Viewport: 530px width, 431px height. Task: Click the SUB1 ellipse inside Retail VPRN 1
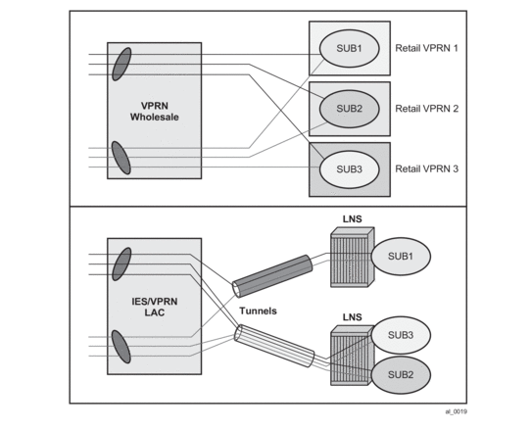(349, 48)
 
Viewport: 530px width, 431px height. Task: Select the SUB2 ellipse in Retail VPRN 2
(349, 109)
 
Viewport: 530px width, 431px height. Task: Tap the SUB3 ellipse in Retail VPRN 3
(349, 169)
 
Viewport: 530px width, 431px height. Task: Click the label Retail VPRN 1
(426, 48)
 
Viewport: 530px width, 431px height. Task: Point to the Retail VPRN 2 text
(426, 109)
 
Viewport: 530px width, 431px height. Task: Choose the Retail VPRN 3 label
(426, 168)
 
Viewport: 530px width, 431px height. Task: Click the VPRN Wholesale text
(155, 112)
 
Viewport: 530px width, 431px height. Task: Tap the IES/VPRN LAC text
(155, 307)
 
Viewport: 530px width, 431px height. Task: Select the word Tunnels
(258, 311)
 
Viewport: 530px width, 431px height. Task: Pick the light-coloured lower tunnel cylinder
(274, 346)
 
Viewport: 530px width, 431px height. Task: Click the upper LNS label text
(353, 219)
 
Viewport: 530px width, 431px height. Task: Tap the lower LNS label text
(353, 317)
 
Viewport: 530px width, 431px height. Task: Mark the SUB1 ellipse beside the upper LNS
(401, 257)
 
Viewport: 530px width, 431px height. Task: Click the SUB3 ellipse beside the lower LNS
(401, 335)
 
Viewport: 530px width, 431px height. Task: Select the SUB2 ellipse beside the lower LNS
(401, 375)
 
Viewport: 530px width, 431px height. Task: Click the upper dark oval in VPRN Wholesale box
(121, 65)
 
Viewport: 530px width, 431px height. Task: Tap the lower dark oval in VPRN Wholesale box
(121, 158)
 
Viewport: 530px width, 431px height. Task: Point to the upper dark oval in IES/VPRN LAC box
(121, 264)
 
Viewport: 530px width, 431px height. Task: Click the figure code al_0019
(457, 411)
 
